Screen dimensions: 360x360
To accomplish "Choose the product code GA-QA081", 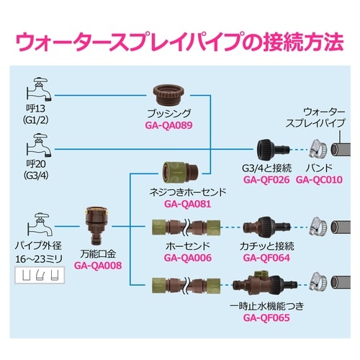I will click(x=185, y=203).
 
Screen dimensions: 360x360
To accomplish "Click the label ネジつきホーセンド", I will click(x=185, y=192).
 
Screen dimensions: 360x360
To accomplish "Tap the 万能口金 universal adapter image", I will click(x=98, y=224).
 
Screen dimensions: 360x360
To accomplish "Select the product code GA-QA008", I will click(x=98, y=264).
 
